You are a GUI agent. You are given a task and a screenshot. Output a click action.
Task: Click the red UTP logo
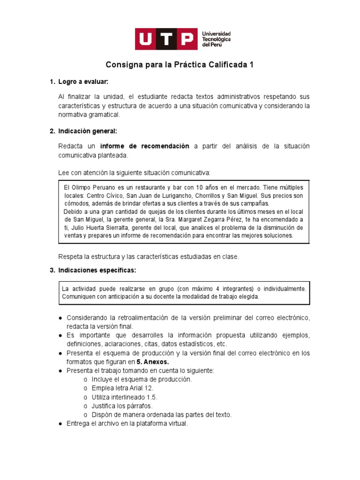click(166, 39)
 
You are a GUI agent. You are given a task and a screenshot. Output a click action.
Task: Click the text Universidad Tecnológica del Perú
click(216, 39)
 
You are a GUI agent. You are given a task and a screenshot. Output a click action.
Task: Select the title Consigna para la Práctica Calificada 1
click(180, 65)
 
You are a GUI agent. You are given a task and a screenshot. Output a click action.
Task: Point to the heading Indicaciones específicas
click(97, 270)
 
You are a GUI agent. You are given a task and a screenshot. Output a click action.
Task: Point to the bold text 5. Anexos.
click(152, 362)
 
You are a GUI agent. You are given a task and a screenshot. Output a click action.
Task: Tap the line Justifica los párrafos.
click(122, 406)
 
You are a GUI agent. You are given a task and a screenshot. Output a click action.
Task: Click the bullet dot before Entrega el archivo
click(61, 424)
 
